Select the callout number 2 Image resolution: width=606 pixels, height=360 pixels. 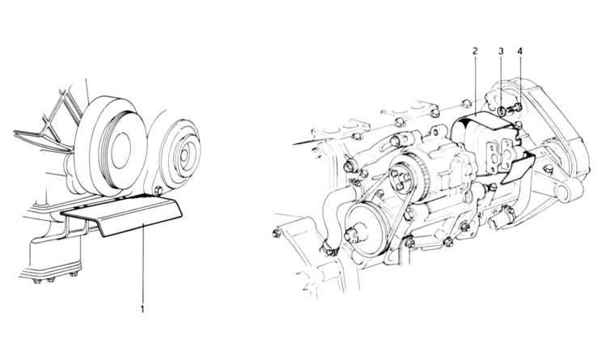click(x=475, y=51)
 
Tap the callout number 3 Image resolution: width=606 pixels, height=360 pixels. click(x=501, y=51)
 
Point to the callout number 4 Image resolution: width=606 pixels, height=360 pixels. click(x=519, y=51)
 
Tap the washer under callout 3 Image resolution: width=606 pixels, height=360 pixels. click(x=502, y=110)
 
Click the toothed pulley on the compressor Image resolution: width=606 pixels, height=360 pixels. click(x=405, y=179)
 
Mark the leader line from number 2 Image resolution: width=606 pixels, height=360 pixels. click(x=475, y=89)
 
